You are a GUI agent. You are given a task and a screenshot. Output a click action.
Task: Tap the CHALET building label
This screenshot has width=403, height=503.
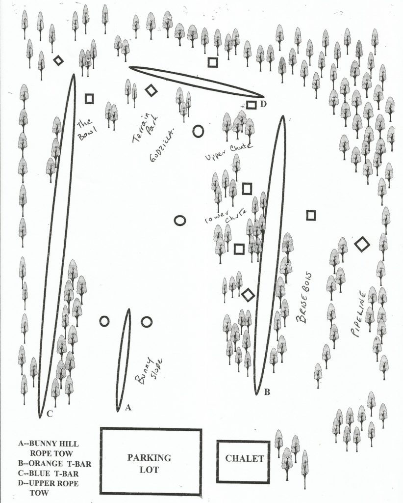[244, 459]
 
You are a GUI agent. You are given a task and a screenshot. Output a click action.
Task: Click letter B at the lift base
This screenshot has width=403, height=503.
[267, 392]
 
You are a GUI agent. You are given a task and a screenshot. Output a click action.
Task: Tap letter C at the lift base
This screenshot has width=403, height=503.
[50, 414]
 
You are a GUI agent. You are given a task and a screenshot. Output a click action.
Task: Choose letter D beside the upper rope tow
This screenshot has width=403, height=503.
[263, 104]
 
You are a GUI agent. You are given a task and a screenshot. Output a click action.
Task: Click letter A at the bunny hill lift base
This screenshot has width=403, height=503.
[128, 407]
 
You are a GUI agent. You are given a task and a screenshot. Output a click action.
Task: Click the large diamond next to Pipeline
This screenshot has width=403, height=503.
[362, 244]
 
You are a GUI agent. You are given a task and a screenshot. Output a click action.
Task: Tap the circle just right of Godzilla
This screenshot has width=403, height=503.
[198, 131]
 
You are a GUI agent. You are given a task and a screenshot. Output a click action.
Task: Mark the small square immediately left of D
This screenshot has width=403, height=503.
[251, 105]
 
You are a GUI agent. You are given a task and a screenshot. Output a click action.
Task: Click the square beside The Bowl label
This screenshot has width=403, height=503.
[89, 99]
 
